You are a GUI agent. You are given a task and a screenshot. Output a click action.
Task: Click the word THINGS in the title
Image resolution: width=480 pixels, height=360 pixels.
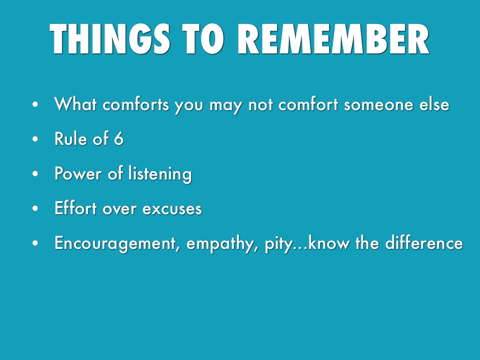pos(110,39)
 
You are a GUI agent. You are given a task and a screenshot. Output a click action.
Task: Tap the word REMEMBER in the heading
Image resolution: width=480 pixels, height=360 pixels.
pos(333,39)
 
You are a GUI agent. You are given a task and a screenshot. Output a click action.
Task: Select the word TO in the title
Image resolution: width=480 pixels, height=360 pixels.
pos(203,39)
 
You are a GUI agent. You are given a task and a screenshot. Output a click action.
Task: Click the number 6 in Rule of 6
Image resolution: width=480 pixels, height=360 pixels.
pos(119,139)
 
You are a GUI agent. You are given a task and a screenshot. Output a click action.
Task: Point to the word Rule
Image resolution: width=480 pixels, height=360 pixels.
pos(71,138)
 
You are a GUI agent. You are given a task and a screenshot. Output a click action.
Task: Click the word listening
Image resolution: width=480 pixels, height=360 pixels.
pos(160,174)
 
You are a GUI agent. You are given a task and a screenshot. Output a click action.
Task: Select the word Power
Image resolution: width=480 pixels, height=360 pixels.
pos(78,173)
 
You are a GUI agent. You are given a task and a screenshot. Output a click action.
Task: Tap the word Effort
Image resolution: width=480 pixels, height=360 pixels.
pos(75,208)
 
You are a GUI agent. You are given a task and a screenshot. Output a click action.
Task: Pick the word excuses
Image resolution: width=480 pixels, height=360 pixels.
pos(172,210)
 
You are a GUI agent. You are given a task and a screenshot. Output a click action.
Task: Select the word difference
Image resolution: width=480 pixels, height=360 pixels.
pos(424,243)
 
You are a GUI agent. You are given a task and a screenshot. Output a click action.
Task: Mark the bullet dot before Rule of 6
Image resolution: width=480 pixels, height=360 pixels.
pos(36,139)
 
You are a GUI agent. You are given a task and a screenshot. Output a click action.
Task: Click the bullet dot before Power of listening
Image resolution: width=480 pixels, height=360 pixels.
pos(36,174)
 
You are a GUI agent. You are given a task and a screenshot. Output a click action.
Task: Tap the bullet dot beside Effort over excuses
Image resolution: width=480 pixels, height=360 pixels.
pos(36,209)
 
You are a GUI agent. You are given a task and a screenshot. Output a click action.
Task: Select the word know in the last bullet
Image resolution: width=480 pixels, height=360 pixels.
pos(329,243)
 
